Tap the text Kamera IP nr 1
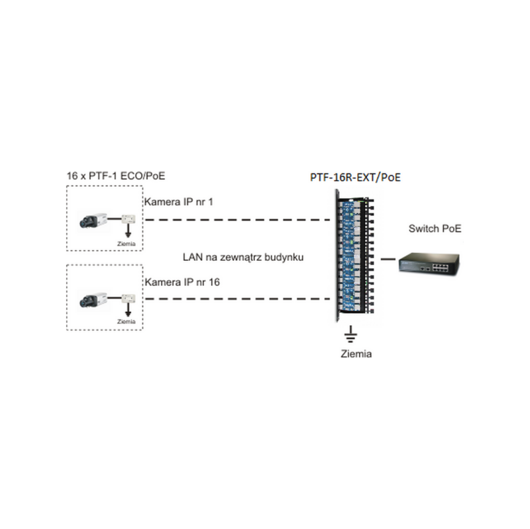click(179, 201)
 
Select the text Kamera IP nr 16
click(182, 282)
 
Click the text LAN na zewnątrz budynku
click(243, 256)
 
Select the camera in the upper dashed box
click(94, 220)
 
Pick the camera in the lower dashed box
click(94, 299)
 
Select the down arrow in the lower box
click(126, 311)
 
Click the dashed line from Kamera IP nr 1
click(238, 218)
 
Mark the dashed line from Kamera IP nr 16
click(238, 299)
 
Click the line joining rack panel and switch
click(386, 260)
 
